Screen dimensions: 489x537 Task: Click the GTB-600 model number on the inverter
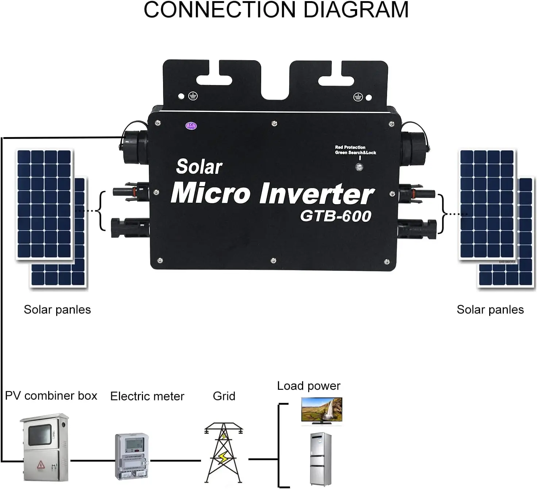click(x=336, y=216)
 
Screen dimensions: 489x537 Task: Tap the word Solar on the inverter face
click(x=199, y=167)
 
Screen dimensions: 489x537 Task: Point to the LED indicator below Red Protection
click(x=359, y=167)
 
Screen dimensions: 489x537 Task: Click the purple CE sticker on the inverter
click(x=191, y=126)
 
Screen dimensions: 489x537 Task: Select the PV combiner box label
click(x=51, y=396)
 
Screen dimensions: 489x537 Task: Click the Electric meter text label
click(x=147, y=396)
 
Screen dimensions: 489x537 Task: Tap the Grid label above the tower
click(x=224, y=396)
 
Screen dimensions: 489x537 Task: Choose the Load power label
click(x=309, y=386)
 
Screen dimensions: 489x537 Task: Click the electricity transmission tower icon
click(x=223, y=452)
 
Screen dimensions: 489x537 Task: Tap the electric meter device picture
click(x=132, y=456)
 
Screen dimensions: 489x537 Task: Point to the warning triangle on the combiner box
click(x=40, y=465)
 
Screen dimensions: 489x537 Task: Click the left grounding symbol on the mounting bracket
click(x=193, y=96)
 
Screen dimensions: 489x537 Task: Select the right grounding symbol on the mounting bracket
click(x=358, y=97)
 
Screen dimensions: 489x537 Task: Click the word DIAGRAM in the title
click(x=356, y=10)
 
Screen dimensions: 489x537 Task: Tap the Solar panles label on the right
click(x=490, y=310)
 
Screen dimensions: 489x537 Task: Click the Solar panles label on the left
click(x=57, y=310)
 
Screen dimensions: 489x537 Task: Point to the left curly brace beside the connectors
click(x=102, y=211)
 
